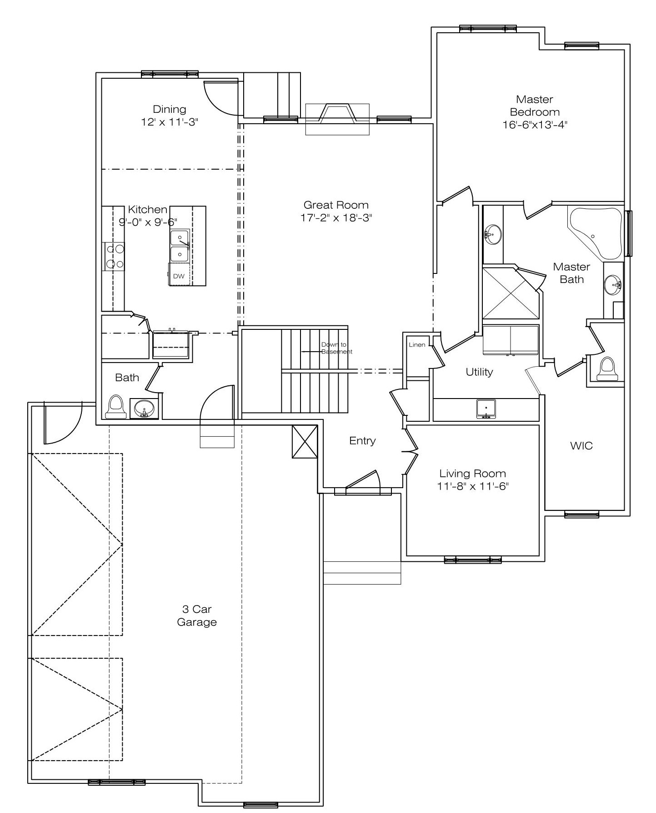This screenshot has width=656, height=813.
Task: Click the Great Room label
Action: click(336, 205)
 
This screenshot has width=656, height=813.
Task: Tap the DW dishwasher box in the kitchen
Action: click(179, 276)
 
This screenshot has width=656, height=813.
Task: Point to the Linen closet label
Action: click(417, 344)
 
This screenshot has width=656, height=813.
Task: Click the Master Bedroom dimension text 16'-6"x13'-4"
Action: click(535, 125)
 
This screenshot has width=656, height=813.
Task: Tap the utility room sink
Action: click(486, 409)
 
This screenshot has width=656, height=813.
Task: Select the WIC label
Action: click(581, 445)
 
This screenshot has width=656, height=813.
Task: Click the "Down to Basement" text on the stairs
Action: click(336, 348)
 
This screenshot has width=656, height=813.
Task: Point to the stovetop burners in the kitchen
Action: click(114, 257)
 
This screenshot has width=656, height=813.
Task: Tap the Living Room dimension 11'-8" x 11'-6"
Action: click(472, 486)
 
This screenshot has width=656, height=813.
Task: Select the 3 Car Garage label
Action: click(197, 616)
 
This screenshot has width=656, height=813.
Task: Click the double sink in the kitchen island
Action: click(180, 246)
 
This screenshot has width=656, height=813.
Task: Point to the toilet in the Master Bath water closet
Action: click(607, 369)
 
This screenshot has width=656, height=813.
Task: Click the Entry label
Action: click(362, 440)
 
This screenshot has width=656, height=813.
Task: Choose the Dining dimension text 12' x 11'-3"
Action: click(170, 122)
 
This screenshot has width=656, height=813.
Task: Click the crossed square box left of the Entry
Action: click(305, 441)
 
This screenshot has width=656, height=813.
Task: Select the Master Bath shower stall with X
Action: click(511, 293)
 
